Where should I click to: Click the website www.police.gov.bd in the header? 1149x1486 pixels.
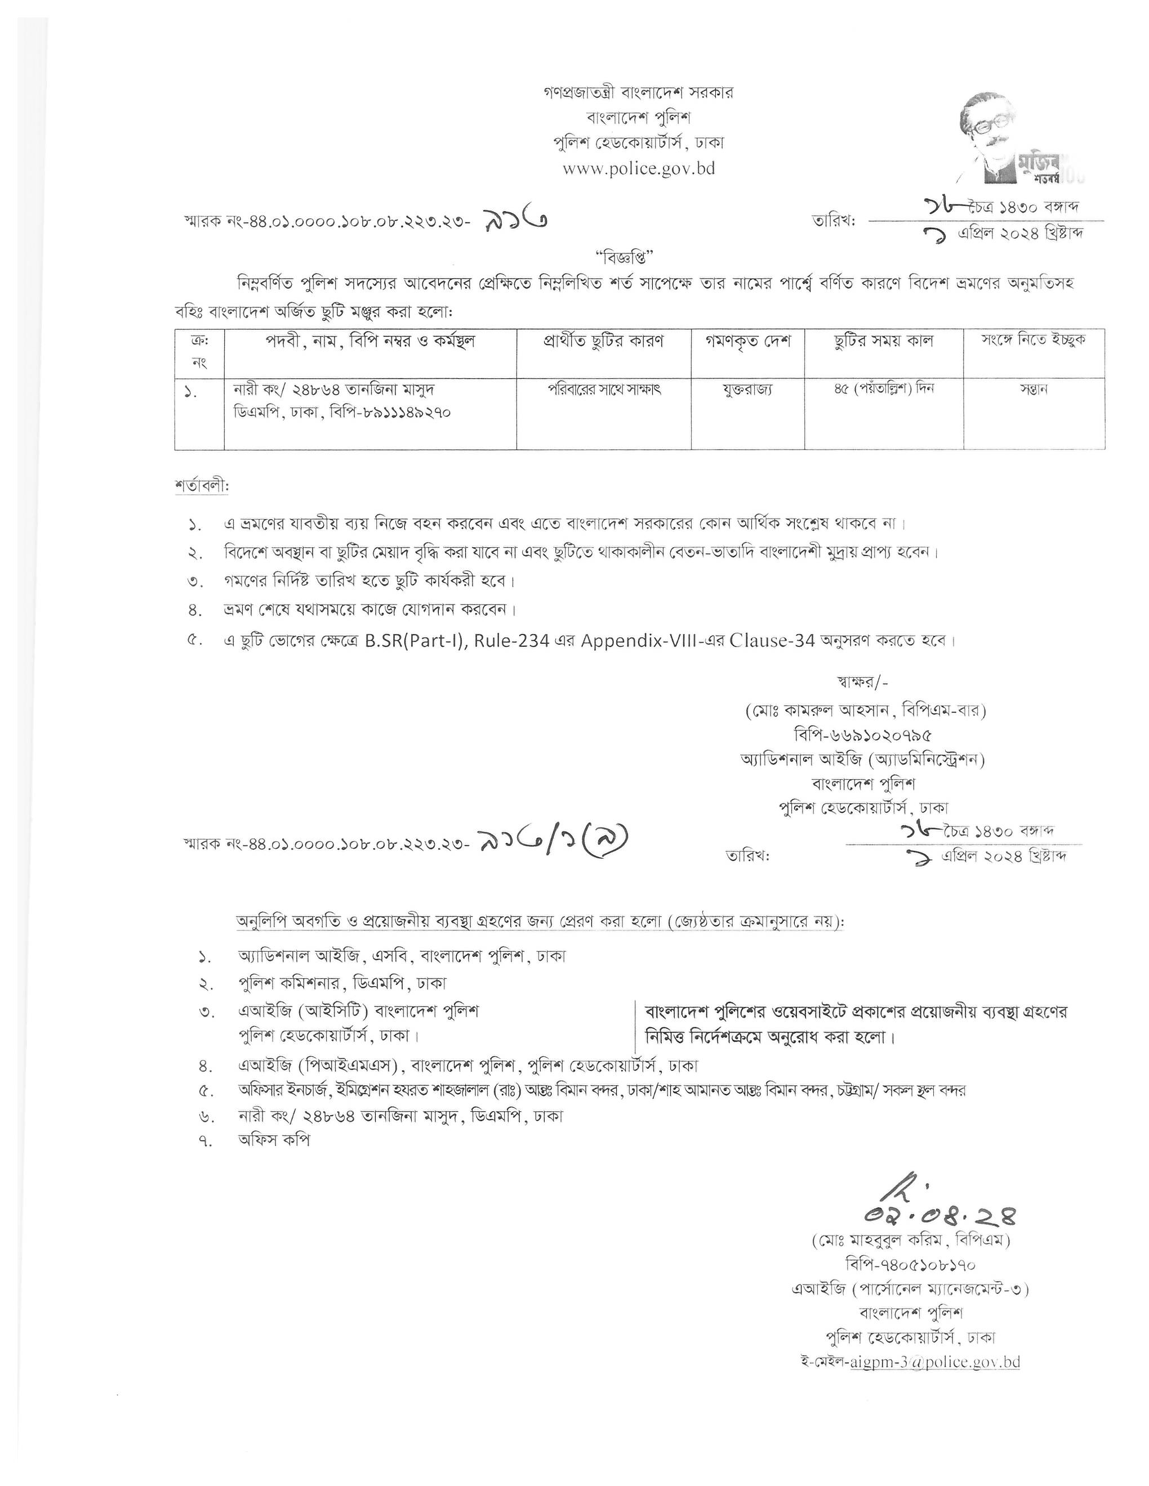click(x=639, y=169)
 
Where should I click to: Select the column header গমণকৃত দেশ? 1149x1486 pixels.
click(x=747, y=342)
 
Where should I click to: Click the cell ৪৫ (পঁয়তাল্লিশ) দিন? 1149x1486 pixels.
click(x=884, y=389)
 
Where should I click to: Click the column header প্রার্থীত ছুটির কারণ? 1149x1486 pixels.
click(x=604, y=342)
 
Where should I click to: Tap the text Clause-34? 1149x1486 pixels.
click(x=772, y=642)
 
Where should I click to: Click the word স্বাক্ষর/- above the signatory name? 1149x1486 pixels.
click(x=862, y=682)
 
